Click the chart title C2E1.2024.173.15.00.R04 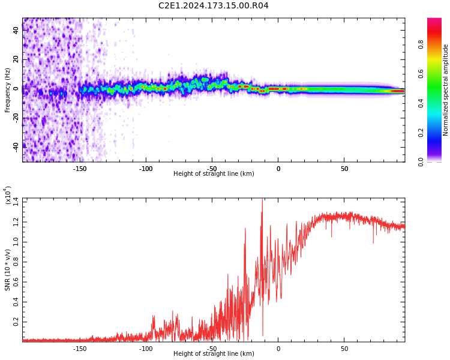214,6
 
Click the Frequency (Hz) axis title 8,89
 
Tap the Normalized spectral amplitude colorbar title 446,89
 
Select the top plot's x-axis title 214,174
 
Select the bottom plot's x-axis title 214,354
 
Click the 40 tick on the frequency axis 16,30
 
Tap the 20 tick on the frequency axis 16,59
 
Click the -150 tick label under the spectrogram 80,169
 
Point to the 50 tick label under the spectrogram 344,169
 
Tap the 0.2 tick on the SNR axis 16,322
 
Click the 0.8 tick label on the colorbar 421,44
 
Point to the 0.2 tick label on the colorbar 421,132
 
